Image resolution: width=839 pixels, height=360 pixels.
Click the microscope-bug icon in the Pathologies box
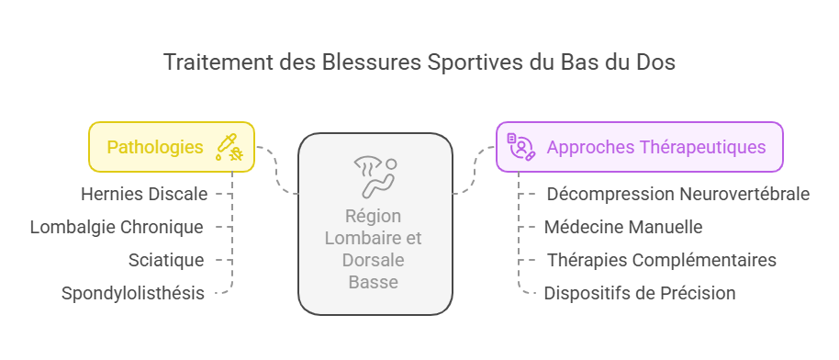(x=228, y=147)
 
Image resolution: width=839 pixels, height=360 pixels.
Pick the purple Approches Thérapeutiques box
(x=639, y=147)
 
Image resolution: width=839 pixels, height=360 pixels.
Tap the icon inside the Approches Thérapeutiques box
(x=520, y=147)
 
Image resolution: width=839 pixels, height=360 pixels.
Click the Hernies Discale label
(x=144, y=194)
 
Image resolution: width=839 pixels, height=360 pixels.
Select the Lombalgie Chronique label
(x=117, y=227)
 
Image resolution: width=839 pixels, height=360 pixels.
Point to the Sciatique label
(x=166, y=260)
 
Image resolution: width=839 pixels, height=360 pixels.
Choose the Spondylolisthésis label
(x=132, y=294)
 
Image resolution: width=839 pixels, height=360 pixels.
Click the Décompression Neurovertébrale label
(x=677, y=194)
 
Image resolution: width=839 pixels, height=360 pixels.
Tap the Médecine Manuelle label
(x=623, y=227)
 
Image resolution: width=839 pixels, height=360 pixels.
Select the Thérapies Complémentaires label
(x=661, y=260)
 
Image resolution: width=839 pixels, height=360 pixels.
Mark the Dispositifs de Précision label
(x=640, y=294)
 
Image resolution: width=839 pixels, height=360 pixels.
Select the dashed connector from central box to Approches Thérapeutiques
(x=475, y=171)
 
